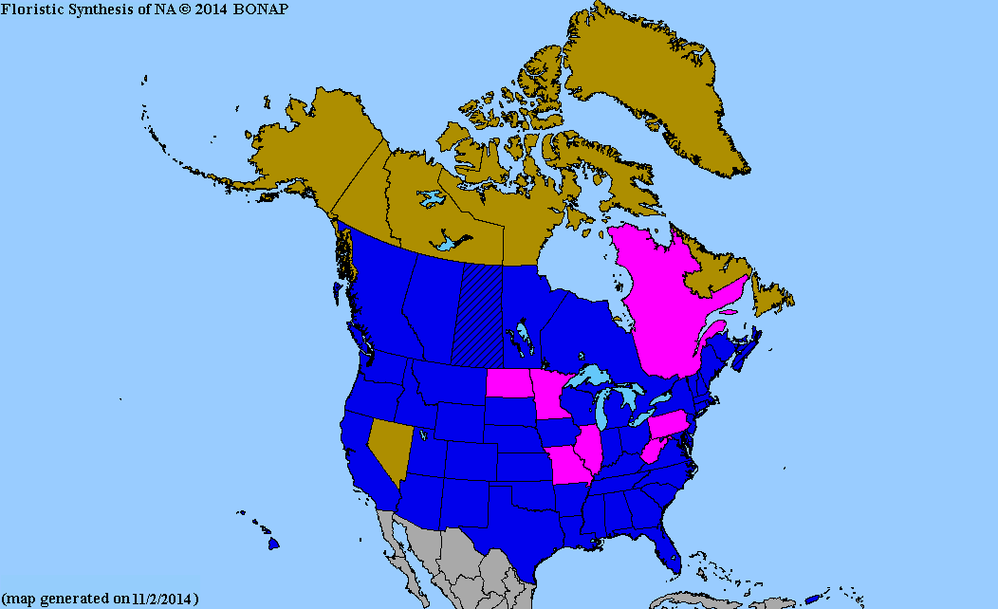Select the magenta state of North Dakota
[x=507, y=382]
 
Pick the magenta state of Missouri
[x=566, y=465]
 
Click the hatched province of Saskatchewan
[x=481, y=313]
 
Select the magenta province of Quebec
[x=664, y=304]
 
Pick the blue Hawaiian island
[x=273, y=544]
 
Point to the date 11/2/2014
[x=162, y=599]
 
